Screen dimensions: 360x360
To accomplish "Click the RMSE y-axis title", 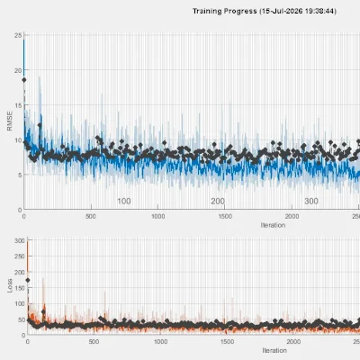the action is point(10,121).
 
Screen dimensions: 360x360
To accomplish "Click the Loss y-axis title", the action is point(10,285).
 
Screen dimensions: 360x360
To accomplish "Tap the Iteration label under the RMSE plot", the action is point(273,225).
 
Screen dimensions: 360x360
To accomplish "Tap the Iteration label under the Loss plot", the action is point(274,350).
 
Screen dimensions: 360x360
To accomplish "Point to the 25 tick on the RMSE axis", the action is point(18,35).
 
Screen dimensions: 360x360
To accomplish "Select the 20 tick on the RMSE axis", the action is point(18,70).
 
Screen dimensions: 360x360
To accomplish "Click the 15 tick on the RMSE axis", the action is point(18,105).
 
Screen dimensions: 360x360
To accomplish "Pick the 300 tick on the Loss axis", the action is point(20,240).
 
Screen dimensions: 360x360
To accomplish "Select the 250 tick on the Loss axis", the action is point(20,256).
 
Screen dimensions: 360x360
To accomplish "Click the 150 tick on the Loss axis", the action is point(20,288).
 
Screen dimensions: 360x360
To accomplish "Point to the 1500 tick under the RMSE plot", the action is point(225,217).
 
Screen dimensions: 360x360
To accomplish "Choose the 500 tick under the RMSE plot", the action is point(91,217).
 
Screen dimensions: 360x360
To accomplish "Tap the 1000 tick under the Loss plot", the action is point(161,342).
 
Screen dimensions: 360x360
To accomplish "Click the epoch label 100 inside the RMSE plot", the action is point(124,202).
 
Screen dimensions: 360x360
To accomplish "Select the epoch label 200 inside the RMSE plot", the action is point(218,202).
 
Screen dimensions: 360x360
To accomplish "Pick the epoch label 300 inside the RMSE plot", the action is point(311,202).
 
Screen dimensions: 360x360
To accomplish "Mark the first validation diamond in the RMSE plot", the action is point(24,80).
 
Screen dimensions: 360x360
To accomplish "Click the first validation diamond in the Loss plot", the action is point(28,280).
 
